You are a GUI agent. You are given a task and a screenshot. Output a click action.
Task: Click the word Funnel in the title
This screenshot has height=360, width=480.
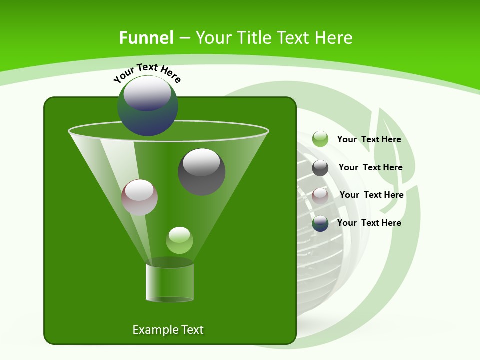146,38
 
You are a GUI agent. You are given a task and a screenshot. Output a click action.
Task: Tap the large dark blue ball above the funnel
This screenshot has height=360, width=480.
148,106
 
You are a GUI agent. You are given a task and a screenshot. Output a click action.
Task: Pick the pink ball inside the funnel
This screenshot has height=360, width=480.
139,198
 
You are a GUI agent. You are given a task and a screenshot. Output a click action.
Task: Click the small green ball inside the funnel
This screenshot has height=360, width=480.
179,240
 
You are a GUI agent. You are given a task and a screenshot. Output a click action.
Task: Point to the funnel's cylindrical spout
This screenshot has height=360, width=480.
170,282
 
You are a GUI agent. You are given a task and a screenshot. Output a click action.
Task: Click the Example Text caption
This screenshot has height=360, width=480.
168,330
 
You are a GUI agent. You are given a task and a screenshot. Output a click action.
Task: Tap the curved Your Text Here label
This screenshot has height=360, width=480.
147,73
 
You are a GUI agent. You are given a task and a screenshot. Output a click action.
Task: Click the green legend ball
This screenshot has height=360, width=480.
320,139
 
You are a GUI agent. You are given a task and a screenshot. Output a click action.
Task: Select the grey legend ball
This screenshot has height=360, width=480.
320,168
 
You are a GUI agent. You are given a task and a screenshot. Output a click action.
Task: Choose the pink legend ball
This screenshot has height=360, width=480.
320,195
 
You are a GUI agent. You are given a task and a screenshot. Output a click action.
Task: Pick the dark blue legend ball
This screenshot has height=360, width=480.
320,223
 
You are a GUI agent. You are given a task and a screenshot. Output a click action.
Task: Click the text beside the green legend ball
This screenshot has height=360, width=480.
369,140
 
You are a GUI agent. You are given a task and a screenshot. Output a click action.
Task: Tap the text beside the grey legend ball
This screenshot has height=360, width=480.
370,168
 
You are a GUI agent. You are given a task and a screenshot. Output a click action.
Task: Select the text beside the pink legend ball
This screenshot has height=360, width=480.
371,195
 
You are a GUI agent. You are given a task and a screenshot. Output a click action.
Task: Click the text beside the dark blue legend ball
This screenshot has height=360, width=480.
369,223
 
